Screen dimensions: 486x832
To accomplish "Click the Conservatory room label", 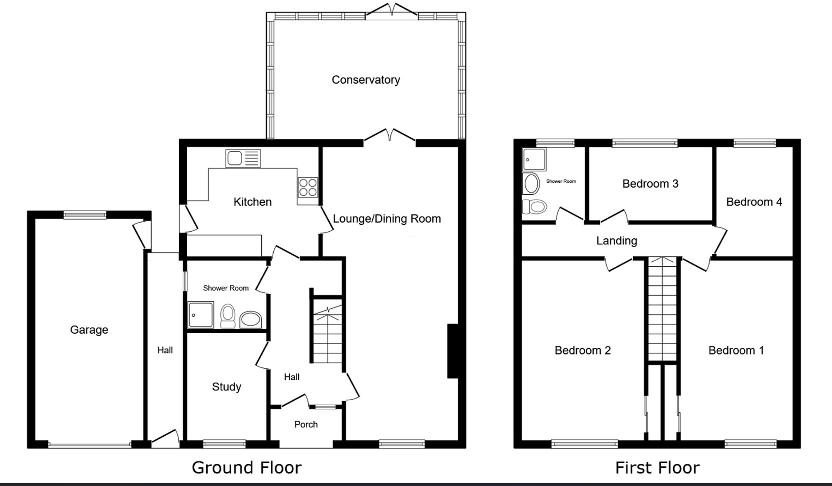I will (x=366, y=79).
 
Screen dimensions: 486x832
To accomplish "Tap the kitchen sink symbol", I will (x=243, y=159).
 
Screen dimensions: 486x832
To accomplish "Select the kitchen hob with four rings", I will (x=308, y=187).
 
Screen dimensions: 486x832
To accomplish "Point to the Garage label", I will (x=89, y=330).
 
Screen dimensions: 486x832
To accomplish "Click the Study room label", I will (x=226, y=387).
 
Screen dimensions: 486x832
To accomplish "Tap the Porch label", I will (x=306, y=424).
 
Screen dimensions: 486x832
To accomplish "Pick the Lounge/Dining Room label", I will (x=386, y=218).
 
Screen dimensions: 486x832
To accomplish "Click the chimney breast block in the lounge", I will (x=453, y=351).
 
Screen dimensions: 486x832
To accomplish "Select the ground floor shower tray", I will (x=201, y=315).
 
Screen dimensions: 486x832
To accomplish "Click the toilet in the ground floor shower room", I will (x=228, y=317).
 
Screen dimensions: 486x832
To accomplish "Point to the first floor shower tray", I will (x=534, y=159).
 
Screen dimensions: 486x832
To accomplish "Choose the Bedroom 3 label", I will (x=650, y=183).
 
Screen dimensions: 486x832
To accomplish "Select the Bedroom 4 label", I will (x=754, y=202).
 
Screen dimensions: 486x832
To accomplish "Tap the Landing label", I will (x=617, y=241).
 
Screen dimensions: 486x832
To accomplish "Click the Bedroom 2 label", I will (x=582, y=350).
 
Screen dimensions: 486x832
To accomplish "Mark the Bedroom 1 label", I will (x=736, y=350).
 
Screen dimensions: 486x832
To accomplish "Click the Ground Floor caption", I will (x=246, y=468).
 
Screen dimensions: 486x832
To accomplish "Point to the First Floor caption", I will (x=657, y=468).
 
